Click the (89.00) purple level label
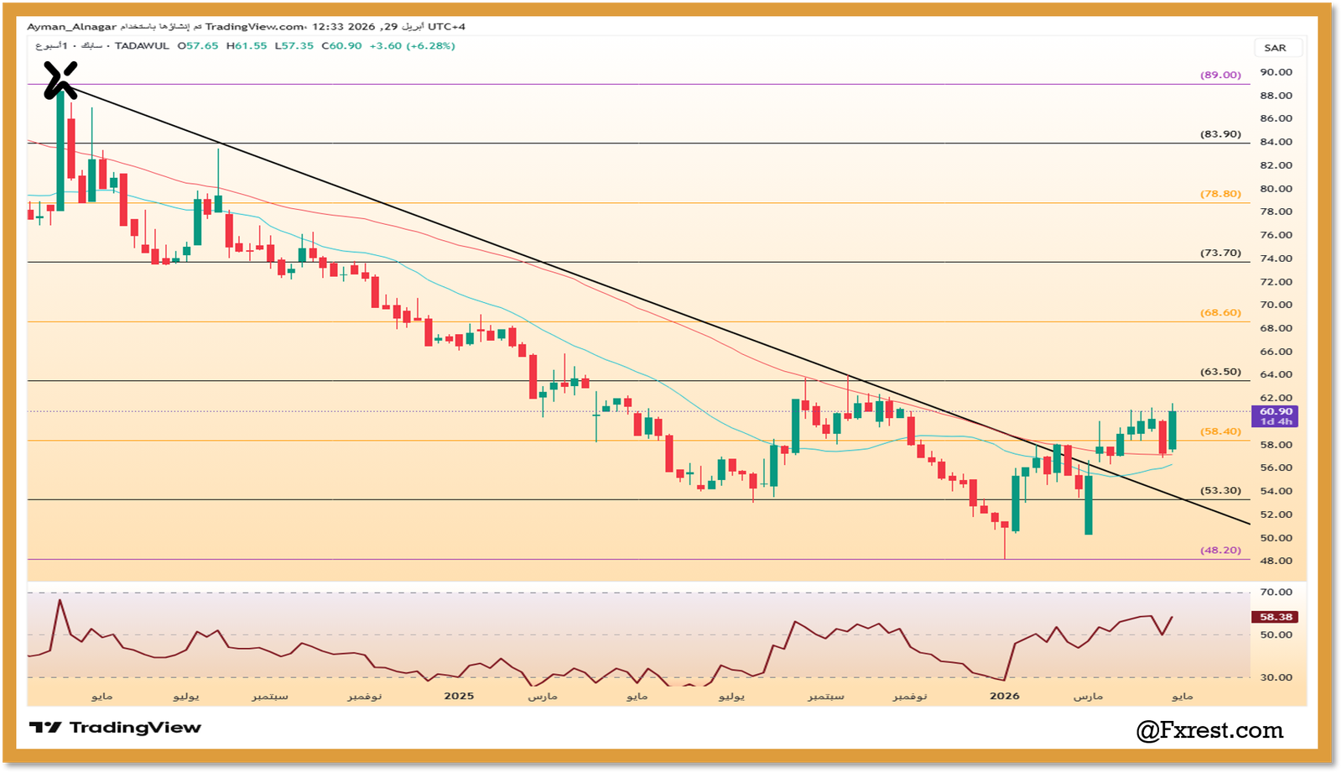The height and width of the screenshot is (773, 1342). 1220,75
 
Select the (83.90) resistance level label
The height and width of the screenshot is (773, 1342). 1220,134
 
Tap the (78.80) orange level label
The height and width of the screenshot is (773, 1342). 1220,194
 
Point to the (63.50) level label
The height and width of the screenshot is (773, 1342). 1220,372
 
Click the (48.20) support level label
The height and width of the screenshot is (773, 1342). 1220,551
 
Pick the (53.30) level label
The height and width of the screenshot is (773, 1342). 1220,491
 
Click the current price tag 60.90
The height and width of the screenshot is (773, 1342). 1276,412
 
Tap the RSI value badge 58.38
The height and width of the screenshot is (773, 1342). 1276,617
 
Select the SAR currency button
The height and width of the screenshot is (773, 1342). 1275,48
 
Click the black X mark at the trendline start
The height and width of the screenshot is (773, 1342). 60,80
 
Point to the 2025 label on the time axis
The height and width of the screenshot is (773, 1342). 459,696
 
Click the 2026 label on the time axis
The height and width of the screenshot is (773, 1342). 1004,696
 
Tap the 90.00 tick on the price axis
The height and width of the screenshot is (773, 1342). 1276,72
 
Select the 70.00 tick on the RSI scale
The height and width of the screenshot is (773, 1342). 1276,593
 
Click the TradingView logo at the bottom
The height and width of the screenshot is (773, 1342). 115,728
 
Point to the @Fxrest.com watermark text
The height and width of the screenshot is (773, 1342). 1209,730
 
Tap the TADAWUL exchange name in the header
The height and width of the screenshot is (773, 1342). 142,46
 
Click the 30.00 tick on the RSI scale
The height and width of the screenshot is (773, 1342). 1276,677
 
